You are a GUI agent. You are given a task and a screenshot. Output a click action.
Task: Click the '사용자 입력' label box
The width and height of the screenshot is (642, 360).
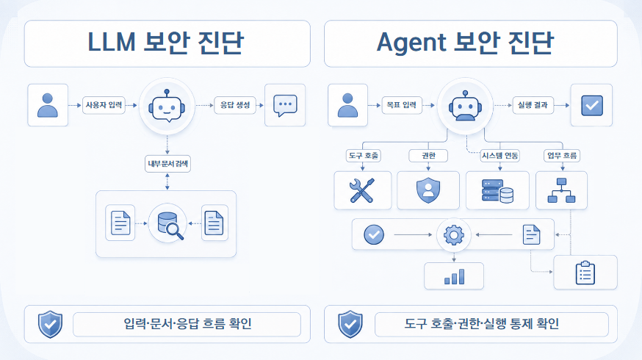point(104,105)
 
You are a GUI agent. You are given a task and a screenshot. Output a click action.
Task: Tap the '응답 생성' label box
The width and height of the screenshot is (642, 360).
point(235,105)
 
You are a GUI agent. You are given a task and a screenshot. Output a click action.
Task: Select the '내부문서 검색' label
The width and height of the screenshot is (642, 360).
point(168,164)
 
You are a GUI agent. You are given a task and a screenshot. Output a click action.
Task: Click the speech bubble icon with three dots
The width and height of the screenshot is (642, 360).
point(285,106)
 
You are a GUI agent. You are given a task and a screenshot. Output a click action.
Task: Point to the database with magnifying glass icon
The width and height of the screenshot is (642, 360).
point(170,225)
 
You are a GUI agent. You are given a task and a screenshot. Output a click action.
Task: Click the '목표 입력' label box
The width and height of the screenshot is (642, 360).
point(402,105)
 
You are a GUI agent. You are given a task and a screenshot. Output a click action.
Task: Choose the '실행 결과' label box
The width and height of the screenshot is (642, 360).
point(533,105)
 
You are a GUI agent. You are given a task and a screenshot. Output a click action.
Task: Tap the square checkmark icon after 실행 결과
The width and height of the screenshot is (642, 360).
point(592,106)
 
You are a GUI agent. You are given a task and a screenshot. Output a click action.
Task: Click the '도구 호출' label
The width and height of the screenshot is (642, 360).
point(364,156)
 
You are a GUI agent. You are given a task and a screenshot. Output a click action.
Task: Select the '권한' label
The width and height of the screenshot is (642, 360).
point(428,156)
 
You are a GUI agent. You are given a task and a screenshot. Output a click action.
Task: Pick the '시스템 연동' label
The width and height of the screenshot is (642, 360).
point(500,156)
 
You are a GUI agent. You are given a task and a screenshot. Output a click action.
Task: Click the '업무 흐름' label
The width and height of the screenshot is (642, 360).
point(562,156)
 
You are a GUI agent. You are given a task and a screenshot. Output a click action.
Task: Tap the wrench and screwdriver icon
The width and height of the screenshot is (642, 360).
point(362,190)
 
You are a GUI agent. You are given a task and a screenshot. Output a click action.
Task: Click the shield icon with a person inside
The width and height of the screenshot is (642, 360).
point(428,190)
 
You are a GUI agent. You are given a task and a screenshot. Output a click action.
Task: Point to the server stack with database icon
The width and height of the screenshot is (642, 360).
point(497,191)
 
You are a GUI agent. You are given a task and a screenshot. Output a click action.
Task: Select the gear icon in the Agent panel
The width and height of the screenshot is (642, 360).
point(454,235)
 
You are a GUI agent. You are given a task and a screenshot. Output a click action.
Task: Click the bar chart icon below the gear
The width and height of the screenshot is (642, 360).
point(455,276)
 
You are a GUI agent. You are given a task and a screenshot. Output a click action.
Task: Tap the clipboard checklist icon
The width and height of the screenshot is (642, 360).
point(585,273)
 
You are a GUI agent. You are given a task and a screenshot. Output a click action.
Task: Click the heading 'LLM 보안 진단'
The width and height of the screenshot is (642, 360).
point(166,42)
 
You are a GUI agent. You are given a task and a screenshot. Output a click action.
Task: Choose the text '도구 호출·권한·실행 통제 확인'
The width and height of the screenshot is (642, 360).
point(482,324)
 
